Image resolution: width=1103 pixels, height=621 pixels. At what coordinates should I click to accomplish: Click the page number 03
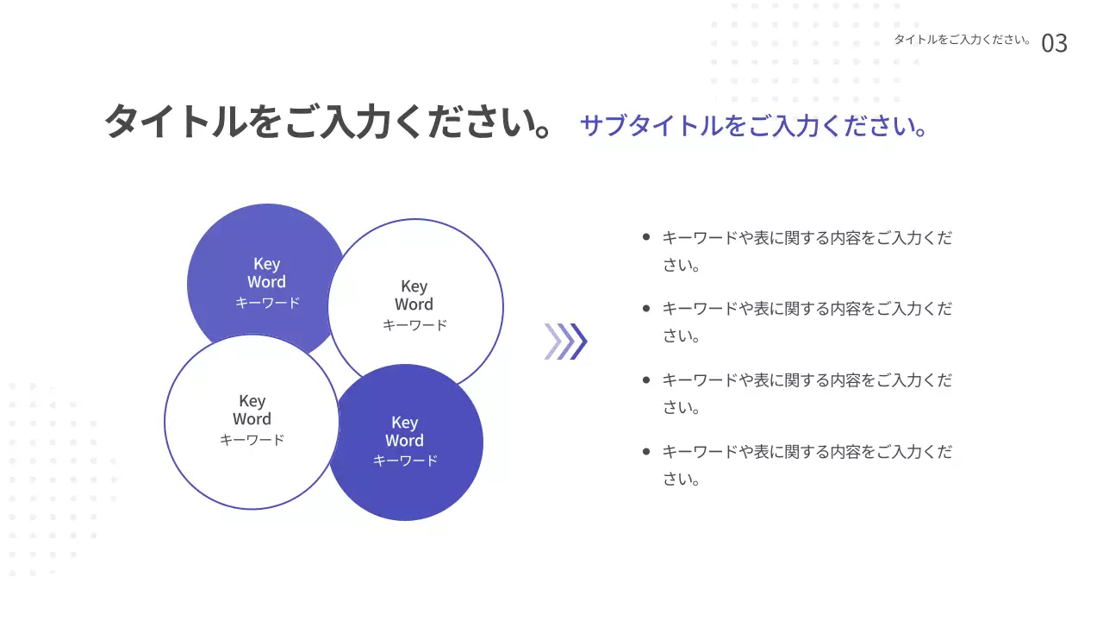point(1054,43)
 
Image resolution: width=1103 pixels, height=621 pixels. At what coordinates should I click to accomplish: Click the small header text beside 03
point(963,40)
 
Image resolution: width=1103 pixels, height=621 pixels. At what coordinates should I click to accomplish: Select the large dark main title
point(328,122)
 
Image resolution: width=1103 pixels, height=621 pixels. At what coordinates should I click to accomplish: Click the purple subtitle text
point(754,126)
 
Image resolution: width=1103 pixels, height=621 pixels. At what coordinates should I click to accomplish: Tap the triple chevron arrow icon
point(565,341)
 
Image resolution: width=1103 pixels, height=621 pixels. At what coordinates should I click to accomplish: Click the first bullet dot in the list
point(646,236)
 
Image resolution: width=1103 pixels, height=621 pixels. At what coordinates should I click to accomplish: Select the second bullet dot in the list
point(646,308)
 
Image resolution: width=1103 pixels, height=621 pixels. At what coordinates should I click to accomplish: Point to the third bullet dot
point(646,379)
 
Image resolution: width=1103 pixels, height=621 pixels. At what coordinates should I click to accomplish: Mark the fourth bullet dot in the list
point(646,451)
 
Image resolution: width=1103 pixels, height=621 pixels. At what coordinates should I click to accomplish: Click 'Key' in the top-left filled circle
point(266,264)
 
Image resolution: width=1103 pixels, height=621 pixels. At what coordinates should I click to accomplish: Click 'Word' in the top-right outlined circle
point(414,304)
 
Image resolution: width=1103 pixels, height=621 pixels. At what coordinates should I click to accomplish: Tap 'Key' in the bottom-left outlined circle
point(252,401)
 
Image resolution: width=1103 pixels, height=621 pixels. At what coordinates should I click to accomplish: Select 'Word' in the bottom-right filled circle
point(404,441)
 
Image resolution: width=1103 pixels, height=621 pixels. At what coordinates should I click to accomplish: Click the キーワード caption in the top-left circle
point(267,303)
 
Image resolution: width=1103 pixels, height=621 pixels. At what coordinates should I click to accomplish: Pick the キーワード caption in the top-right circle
point(414,325)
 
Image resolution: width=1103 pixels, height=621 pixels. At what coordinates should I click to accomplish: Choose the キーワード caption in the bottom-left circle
point(252,440)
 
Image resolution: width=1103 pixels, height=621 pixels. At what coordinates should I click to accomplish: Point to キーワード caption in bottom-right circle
point(405,461)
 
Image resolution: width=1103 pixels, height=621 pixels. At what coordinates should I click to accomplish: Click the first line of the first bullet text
point(807,237)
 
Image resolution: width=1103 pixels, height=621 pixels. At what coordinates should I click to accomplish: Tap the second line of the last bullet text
point(681,480)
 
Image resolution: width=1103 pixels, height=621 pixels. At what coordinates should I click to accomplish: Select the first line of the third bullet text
point(807,380)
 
